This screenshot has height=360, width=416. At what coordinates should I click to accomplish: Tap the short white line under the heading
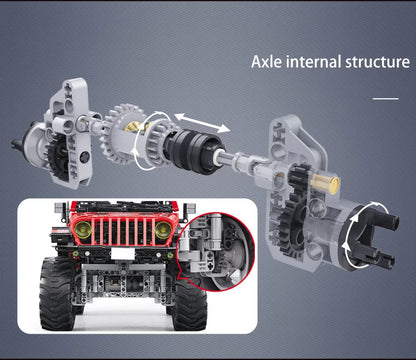pos(386,99)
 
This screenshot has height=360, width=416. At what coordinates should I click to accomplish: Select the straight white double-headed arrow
pos(202,123)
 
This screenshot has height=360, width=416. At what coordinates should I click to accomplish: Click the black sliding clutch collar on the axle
pos(195,151)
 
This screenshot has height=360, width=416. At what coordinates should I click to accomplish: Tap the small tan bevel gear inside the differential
pos(134,128)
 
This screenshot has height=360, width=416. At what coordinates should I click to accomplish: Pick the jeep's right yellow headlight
pos(163,229)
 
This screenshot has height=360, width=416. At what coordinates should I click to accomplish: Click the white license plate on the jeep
pos(122,254)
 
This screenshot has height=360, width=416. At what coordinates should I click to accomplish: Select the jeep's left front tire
pos(56,293)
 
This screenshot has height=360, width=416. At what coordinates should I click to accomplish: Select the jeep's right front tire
pos(189,300)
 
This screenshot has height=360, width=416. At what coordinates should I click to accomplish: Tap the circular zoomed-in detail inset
pos(215,251)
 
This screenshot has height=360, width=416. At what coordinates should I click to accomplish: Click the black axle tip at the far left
pos(17,145)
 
